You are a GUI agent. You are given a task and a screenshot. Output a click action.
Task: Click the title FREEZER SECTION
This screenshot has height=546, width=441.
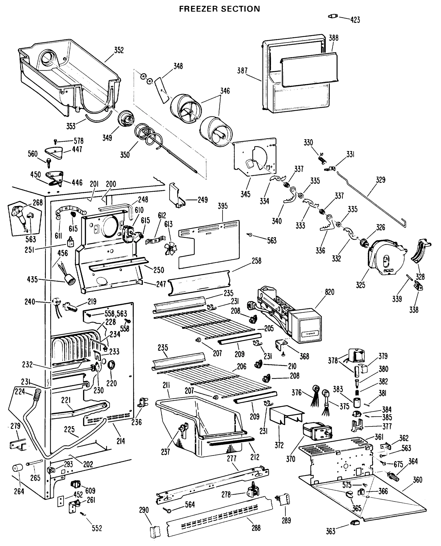[220, 9]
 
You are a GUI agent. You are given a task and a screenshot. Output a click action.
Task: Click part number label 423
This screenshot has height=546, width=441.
[355, 20]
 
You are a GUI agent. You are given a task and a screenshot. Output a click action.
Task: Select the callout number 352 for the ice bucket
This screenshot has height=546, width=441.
[119, 50]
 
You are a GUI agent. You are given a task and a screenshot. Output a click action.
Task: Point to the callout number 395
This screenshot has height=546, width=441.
[223, 206]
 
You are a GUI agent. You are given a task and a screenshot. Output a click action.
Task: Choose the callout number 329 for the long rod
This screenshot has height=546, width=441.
[381, 180]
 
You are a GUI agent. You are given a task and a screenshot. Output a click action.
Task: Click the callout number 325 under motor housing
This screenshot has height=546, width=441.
[360, 285]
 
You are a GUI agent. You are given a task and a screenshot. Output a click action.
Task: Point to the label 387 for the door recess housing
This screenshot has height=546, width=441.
[242, 71]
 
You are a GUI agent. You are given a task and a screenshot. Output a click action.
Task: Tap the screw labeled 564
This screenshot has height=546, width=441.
[168, 510]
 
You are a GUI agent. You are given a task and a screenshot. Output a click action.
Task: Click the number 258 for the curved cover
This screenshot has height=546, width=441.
[256, 261]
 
